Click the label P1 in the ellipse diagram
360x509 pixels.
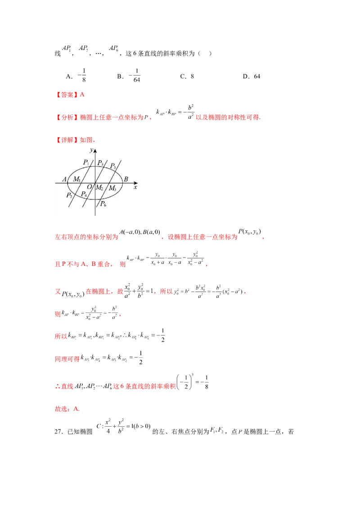[x=85, y=162]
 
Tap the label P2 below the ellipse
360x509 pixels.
[x=69, y=195]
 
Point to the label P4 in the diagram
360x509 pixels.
[x=84, y=194]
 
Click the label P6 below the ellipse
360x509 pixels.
[x=103, y=204]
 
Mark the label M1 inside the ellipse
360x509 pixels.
[x=77, y=179]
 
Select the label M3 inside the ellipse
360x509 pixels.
[x=112, y=188]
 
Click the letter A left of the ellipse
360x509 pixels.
[x=64, y=179]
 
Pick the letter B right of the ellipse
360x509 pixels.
[x=126, y=179]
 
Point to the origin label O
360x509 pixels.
[x=90, y=187]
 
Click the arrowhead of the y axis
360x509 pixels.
[x=95, y=151]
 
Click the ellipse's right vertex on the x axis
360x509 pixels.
[x=122, y=183]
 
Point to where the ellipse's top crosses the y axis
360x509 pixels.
[x=95, y=167]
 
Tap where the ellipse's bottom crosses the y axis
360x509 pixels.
[x=95, y=199]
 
